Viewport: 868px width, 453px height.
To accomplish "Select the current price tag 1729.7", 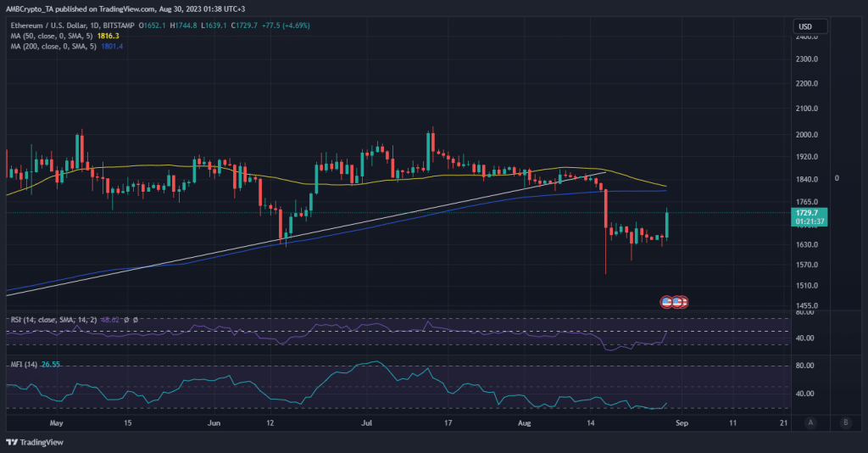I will point(810,213).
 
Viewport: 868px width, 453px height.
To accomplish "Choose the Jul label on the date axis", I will point(366,422).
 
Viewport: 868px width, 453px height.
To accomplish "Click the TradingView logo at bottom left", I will point(30,442).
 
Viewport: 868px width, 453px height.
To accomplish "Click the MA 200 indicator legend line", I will point(59,46).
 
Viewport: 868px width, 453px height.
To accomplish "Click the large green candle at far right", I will point(669,224).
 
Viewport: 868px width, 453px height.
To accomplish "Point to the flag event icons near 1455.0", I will point(673,301).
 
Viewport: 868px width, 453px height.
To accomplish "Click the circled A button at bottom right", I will point(810,422).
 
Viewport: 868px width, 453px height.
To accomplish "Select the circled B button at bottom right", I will point(845,422).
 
